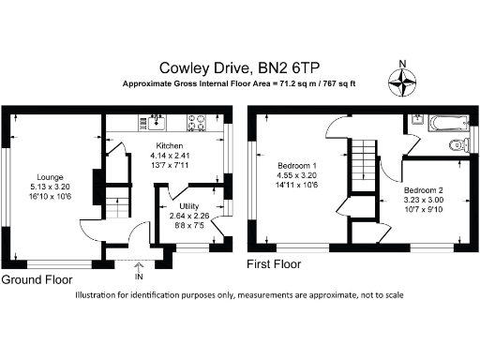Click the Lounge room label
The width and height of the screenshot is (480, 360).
coord(50,176)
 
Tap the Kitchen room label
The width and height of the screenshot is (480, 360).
coord(169,146)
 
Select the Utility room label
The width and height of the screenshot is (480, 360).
coord(181,206)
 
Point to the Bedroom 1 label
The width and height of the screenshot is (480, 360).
coord(290,163)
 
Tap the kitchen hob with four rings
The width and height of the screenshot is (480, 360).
coord(198,121)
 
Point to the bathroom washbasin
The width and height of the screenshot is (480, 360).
coord(415,120)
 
